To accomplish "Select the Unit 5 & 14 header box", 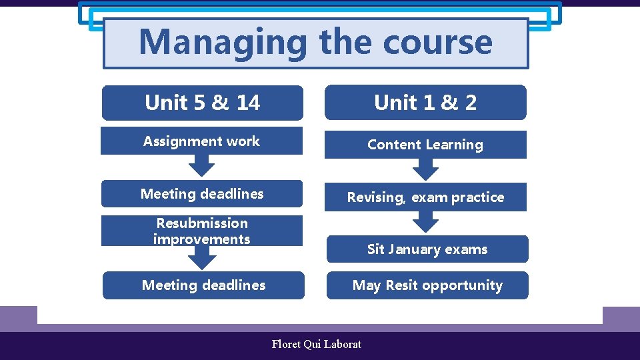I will pos(202,103).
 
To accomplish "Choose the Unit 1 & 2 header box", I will pos(425,103).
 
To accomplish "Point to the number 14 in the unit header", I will pos(248,103).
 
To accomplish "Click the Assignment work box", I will pos(201,141).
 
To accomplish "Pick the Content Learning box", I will pos(425,145).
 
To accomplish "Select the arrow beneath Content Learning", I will pos(425,170).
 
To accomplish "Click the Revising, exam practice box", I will pos(425,197).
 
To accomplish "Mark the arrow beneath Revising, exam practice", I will pos(425,223).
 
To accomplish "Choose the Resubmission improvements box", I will pos(201,231).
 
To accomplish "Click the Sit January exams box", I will pos(427,249).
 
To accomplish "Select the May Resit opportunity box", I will pos(427,285).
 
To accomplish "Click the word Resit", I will pos(401,285).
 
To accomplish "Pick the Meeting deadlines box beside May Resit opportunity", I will pos(203,285).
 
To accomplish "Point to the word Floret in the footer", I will pos(286,344).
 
